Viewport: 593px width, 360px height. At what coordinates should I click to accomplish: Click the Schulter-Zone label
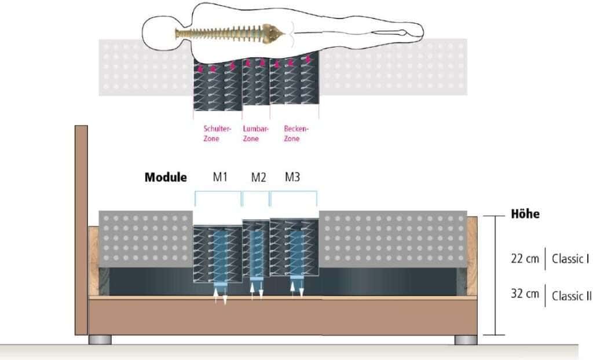(217, 134)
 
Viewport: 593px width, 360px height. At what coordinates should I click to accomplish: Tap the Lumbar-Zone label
(255, 134)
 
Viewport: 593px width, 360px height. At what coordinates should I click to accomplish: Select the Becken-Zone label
(296, 134)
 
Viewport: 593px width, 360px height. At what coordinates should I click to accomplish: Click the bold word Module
(166, 177)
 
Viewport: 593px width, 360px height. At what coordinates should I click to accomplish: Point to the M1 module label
(220, 177)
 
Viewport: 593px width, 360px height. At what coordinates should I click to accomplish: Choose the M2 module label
(259, 177)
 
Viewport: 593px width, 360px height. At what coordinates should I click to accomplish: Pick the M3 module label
(292, 177)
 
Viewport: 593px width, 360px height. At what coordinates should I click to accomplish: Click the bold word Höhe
(525, 214)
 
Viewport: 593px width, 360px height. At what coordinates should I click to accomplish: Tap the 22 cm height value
(525, 259)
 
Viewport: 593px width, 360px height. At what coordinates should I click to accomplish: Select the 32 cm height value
(525, 293)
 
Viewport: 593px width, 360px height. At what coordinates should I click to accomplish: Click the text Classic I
(570, 259)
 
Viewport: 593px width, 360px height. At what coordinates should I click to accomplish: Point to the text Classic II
(572, 295)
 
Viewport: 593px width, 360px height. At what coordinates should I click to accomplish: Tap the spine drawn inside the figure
(229, 33)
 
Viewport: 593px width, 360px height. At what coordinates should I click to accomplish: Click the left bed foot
(100, 340)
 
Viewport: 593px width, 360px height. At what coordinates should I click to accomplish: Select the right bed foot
(466, 340)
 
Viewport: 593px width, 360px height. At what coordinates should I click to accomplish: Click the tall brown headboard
(81, 230)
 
